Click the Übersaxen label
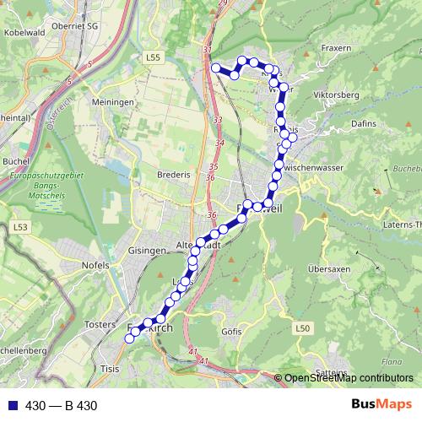pyautogui.click(x=328, y=269)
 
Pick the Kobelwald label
pyautogui.click(x=24, y=31)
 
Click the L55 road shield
pyautogui.click(x=152, y=57)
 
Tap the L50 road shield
pyautogui.click(x=304, y=327)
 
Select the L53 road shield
pyautogui.click(x=20, y=227)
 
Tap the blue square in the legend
pyautogui.click(x=11, y=406)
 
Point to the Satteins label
pyautogui.click(x=330, y=372)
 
